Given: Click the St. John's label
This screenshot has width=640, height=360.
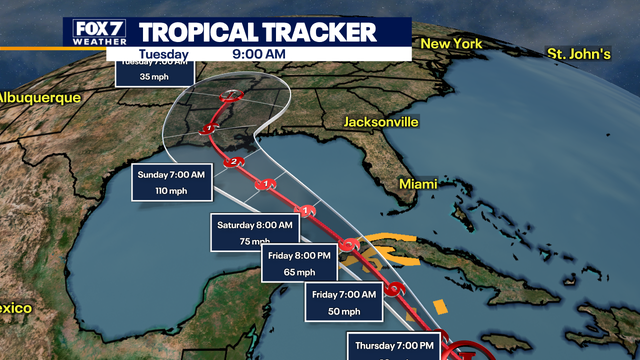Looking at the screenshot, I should coord(578,52).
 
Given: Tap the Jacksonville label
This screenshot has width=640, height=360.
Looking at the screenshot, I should coord(380,122).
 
